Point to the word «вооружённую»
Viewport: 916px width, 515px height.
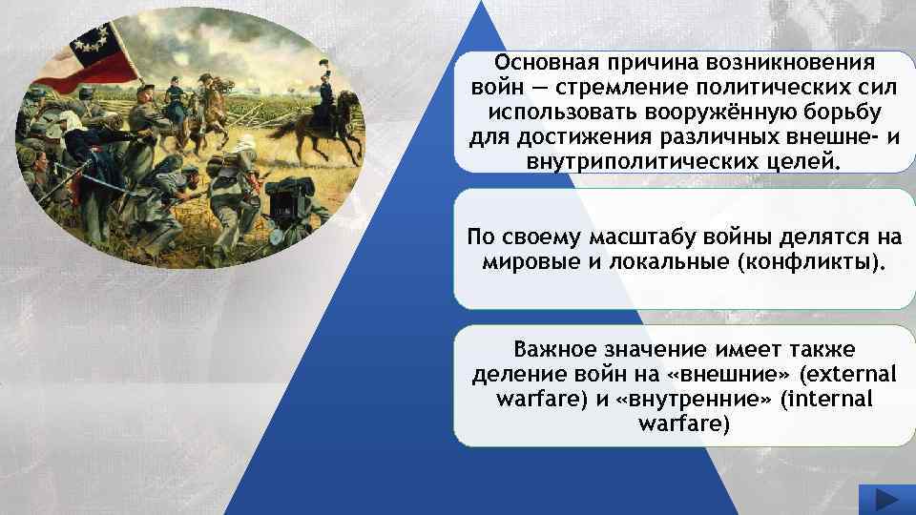725,113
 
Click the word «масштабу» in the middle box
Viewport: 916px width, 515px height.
642,237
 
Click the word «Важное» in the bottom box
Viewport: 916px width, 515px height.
554,349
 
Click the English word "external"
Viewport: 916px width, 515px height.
847,374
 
